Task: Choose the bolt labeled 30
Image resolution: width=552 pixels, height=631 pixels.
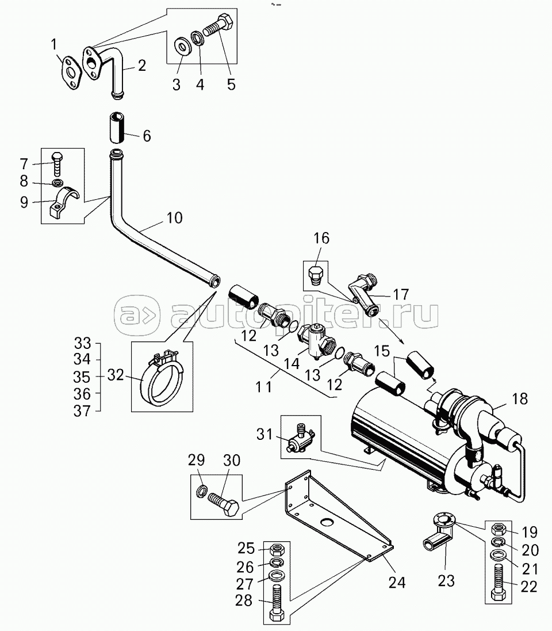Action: (x=224, y=503)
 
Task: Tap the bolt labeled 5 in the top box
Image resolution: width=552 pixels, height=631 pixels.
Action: (x=220, y=28)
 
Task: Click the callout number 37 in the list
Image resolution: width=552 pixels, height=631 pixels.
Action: (x=83, y=411)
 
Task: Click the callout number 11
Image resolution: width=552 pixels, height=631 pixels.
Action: (x=263, y=387)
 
